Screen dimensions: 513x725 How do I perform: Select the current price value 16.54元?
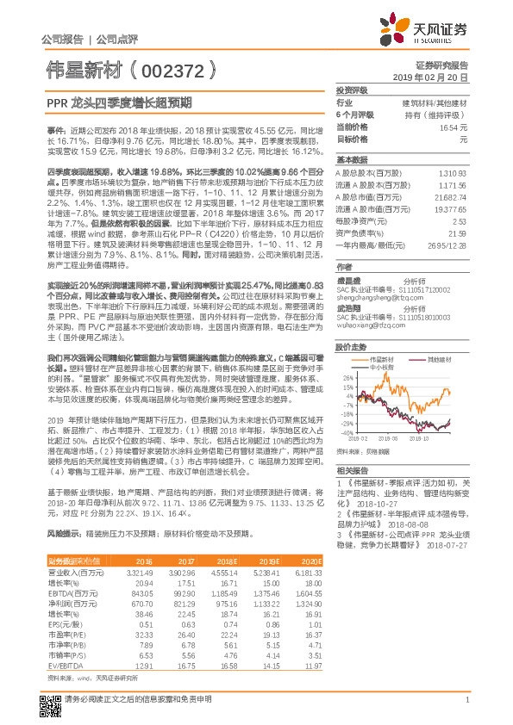click(453, 127)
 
